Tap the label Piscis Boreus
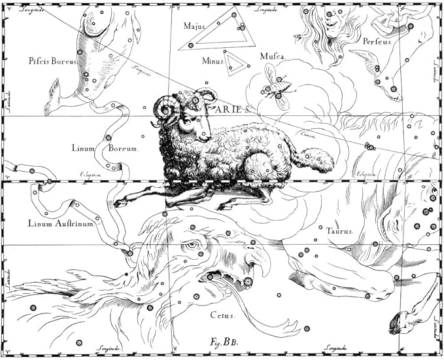coord(53,61)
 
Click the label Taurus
coord(339,231)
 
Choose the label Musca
coord(273,57)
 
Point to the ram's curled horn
coord(167,111)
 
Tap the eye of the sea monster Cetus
coord(190,245)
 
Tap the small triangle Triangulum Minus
coord(236,62)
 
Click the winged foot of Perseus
coord(373,63)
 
